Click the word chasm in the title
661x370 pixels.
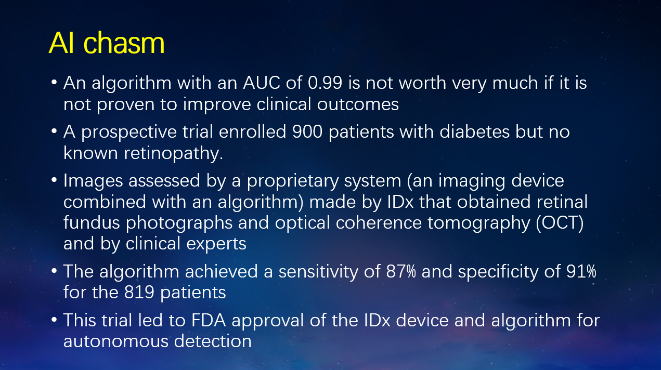124,43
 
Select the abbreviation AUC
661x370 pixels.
262,83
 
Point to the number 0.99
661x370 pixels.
325,83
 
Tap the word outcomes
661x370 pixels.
358,104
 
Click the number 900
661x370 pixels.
307,132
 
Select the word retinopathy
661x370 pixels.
173,154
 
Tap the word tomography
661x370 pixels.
478,223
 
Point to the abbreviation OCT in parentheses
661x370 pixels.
560,222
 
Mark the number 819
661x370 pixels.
139,293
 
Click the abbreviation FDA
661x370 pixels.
209,321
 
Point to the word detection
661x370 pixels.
213,341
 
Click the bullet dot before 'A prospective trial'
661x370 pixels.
54,131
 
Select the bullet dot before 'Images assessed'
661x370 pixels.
54,180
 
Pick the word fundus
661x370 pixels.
92,222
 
